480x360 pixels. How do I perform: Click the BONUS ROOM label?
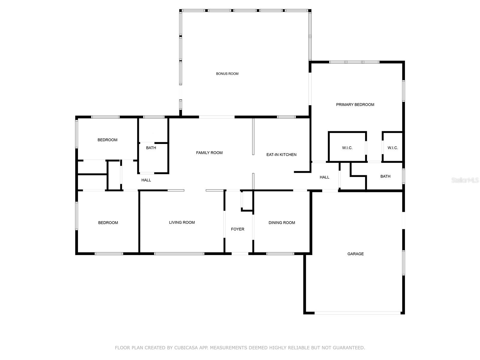pos(227,73)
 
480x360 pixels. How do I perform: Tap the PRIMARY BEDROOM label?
pos(355,105)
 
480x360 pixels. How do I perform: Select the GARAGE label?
pos(355,254)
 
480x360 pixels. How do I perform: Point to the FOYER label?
pos(237,229)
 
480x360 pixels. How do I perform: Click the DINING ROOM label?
pos(282,223)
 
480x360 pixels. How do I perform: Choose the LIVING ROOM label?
pos(182,222)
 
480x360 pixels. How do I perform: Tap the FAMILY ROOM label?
pos(209,153)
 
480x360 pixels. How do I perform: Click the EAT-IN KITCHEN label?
pos(281,154)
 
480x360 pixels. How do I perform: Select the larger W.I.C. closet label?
pos(347,148)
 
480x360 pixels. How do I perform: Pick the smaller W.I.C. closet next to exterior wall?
pos(392,148)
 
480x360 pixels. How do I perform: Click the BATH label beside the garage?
pos(385,176)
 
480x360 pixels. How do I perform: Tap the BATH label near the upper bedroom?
pos(151,148)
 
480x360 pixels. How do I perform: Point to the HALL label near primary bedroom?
pos(324,177)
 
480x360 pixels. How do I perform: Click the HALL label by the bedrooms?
pos(146,180)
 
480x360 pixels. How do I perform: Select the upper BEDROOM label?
pos(107,140)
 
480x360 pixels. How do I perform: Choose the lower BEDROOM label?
pos(108,223)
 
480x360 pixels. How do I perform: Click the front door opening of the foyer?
pos(240,254)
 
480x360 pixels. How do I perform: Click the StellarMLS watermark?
pos(465,180)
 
